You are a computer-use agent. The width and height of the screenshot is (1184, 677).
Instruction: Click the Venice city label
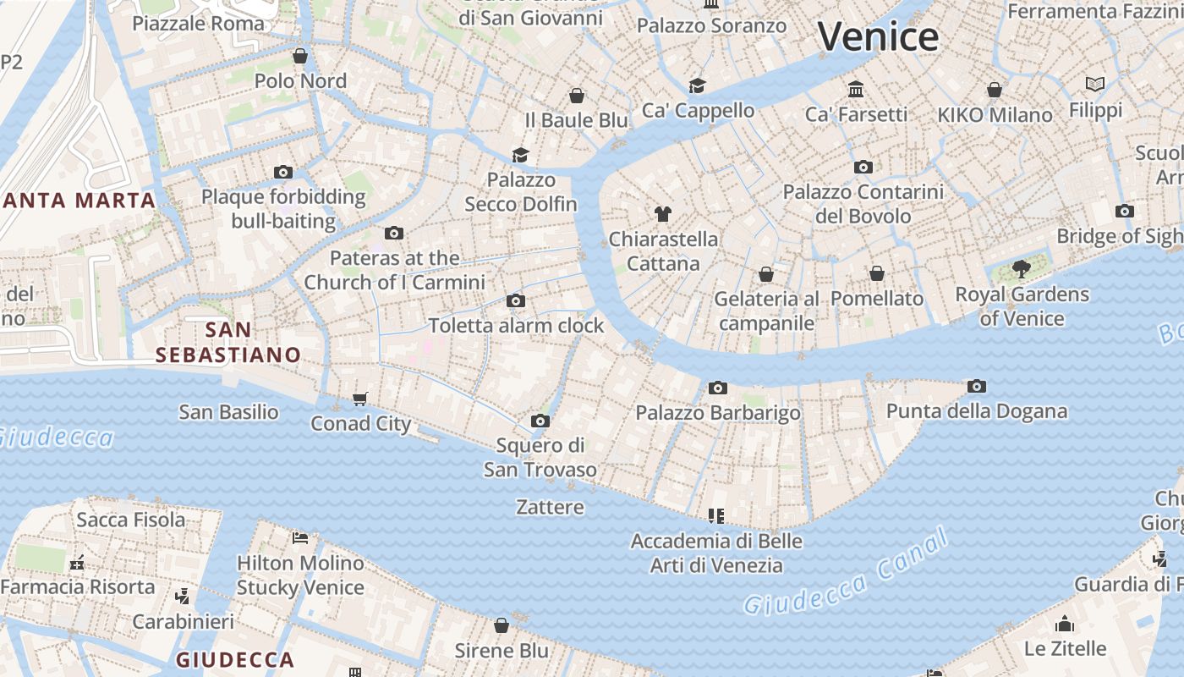point(878,37)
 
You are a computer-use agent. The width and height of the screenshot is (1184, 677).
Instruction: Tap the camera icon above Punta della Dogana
point(977,387)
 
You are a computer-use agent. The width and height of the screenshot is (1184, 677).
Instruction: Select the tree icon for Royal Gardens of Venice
point(1022,270)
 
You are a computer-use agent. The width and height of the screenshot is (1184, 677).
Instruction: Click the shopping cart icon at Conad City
point(360,399)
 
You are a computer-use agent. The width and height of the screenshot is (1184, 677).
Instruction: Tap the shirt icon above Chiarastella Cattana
point(662,214)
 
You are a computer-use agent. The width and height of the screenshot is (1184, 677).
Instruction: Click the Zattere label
point(550,507)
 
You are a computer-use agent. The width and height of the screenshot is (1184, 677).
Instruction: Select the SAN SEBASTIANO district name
point(228,342)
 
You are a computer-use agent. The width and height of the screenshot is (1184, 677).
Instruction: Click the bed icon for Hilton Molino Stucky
point(300,538)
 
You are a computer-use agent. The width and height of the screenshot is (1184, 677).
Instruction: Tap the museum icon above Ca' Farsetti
point(856,89)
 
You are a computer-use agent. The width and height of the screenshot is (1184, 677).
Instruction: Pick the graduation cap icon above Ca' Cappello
point(697,85)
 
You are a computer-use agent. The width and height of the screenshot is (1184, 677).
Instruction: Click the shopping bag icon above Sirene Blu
point(502,625)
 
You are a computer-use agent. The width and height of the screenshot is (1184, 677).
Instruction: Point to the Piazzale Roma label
point(198,23)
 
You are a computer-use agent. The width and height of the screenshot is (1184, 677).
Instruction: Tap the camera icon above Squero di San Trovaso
point(540,421)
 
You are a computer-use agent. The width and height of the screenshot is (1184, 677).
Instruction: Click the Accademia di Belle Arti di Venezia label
point(716,553)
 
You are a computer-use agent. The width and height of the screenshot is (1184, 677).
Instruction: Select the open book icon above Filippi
point(1095,85)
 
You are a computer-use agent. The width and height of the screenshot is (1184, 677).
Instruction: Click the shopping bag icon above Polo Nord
point(299,56)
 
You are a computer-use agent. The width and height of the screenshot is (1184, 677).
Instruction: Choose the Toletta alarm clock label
point(516,325)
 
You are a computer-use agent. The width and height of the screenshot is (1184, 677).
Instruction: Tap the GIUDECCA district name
point(235,659)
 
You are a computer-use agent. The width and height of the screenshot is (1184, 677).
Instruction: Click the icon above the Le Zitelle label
point(1065,625)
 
